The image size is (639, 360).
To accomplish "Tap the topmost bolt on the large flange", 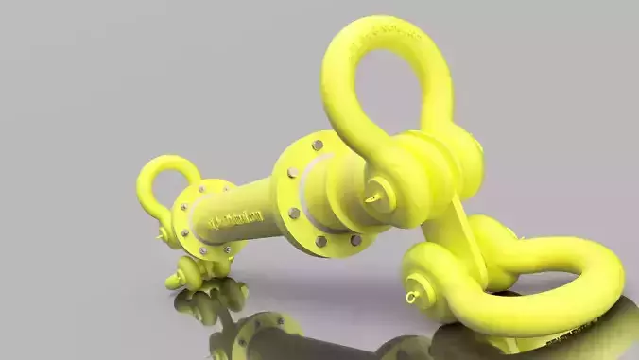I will [x=318, y=146].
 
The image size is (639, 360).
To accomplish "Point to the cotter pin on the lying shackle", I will [x=412, y=297].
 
